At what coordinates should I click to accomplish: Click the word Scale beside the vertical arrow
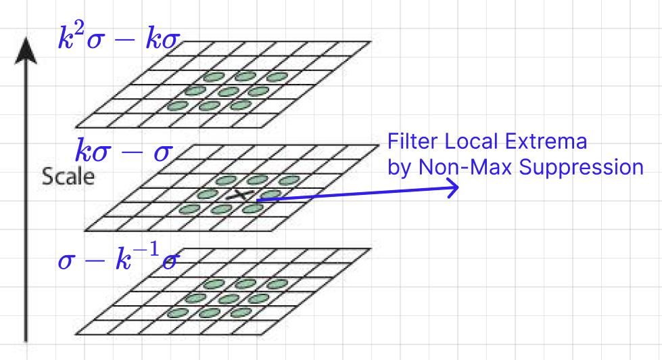click(68, 177)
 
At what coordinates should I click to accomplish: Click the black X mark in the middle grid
click(237, 195)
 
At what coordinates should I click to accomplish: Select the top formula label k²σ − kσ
click(118, 39)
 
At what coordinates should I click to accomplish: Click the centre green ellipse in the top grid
click(228, 91)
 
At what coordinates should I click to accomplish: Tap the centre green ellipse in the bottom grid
click(228, 298)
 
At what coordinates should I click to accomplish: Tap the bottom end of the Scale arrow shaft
click(26, 338)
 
